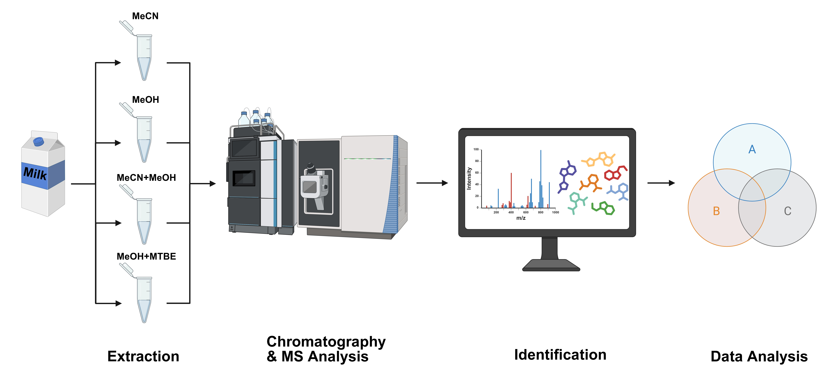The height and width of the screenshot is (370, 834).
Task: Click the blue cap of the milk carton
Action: (39, 141)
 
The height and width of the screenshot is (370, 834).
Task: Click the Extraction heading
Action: (143, 356)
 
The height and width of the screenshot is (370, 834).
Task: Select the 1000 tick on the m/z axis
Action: (555, 213)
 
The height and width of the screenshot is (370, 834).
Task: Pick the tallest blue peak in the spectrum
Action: (540, 178)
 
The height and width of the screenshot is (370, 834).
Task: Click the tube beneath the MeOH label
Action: (144, 139)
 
